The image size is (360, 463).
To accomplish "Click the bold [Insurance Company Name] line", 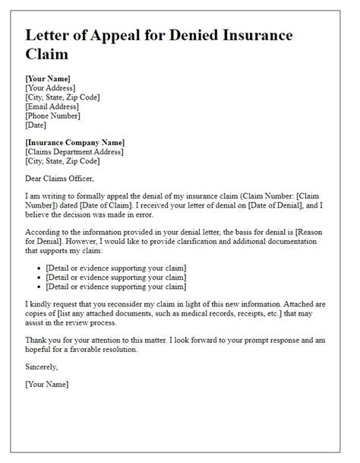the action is coord(74,142).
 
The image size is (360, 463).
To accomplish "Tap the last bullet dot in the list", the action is coord(39,288).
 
